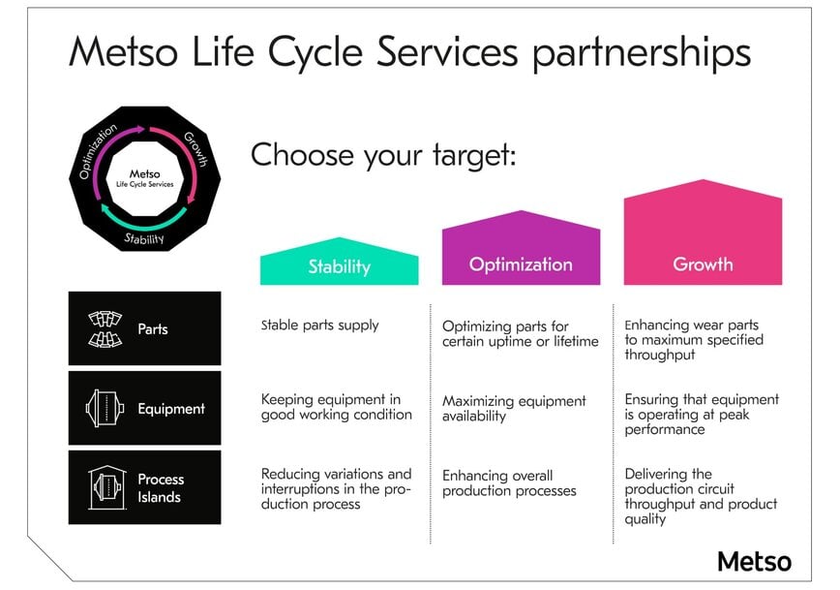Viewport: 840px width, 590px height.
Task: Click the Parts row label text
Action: tap(152, 329)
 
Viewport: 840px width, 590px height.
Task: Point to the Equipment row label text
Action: tap(170, 409)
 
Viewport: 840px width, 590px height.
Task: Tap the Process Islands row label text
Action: tap(160, 488)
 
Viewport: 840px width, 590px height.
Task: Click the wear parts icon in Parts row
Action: tap(103, 328)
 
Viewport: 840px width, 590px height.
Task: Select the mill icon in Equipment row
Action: tap(103, 409)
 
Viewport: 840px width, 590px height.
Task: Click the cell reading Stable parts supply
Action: tap(319, 326)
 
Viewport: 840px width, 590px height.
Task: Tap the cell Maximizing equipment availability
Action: tap(514, 408)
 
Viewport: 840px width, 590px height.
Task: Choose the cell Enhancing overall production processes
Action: tap(509, 483)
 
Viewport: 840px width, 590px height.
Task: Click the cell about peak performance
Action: tap(701, 414)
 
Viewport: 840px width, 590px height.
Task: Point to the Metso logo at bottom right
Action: tap(754, 561)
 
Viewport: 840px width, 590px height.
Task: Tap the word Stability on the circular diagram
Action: tap(144, 238)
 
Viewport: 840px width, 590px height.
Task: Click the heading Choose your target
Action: tap(383, 156)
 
